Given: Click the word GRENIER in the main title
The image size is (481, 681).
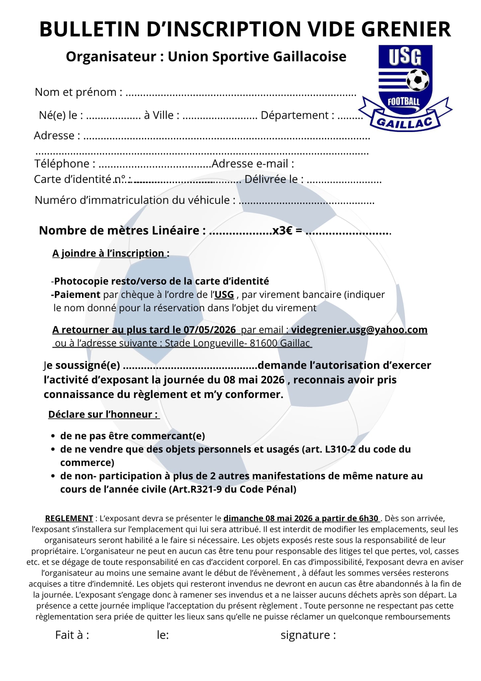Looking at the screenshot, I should [x=406, y=29].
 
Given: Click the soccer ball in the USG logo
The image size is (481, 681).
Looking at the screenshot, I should [x=418, y=79].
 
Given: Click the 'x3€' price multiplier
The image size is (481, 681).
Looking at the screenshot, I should [x=282, y=230].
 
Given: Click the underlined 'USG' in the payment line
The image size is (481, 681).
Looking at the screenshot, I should [x=224, y=295].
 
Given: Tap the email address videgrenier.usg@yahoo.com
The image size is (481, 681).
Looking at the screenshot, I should [x=359, y=330].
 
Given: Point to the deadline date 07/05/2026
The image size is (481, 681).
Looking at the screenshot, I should [x=210, y=330].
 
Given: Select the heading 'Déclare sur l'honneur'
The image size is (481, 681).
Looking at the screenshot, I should [x=103, y=414].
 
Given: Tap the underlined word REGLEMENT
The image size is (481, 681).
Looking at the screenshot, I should [x=69, y=518].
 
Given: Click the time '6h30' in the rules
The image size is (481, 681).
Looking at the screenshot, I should [x=368, y=518].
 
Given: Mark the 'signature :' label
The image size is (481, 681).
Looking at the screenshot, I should [x=308, y=635].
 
